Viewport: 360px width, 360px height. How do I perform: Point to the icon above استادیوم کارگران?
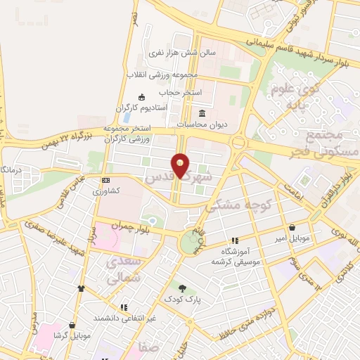(x=142, y=97)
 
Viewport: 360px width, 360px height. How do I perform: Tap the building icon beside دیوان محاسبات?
(x=202, y=114)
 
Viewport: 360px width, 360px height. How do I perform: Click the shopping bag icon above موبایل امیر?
(x=292, y=227)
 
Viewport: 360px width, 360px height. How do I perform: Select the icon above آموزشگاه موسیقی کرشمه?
(x=235, y=240)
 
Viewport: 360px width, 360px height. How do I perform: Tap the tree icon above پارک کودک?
(x=183, y=288)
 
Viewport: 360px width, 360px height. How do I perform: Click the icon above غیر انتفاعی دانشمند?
(x=124, y=307)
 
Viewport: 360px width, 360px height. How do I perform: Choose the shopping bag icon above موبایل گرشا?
(x=72, y=325)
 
